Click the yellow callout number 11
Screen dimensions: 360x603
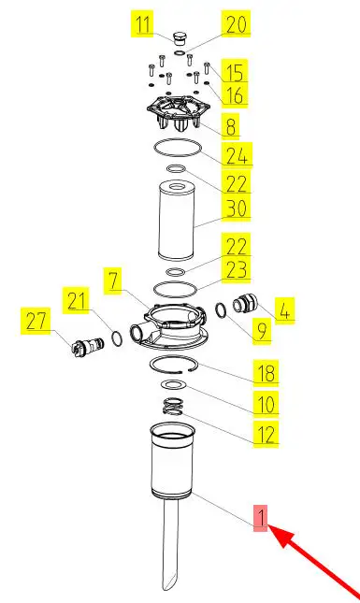[x=142, y=24]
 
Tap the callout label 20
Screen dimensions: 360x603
[x=236, y=24]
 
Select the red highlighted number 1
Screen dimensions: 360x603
[x=260, y=519]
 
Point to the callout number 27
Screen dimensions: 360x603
[x=36, y=321]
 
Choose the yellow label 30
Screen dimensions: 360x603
[x=236, y=208]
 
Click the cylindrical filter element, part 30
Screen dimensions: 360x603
[x=177, y=222]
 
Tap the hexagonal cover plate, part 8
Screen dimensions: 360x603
[x=178, y=111]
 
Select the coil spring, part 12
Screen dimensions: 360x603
[x=172, y=406]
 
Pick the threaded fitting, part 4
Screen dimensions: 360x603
[x=243, y=304]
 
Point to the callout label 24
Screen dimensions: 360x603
[x=237, y=155]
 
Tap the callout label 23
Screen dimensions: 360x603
[x=236, y=269]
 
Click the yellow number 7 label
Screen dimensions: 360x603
[x=113, y=280]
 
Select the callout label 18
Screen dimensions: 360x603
[x=266, y=372]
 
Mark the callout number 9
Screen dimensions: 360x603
[x=262, y=331]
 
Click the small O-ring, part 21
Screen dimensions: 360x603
[x=117, y=337]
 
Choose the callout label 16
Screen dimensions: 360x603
[x=234, y=94]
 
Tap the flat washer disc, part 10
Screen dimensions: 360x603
[x=174, y=384]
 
